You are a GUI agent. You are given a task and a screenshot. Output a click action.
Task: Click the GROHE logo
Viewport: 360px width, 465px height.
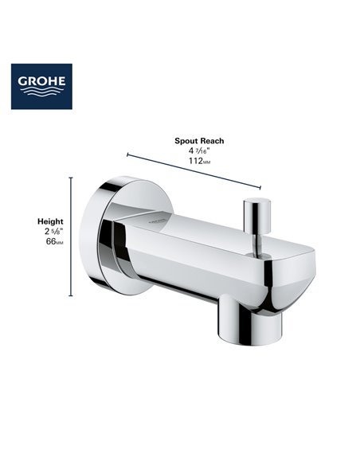(x=41, y=87)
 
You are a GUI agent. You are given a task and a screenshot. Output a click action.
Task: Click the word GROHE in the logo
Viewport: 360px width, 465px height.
(x=41, y=81)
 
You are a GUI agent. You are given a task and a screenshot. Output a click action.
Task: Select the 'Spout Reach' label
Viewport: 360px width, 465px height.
(x=199, y=140)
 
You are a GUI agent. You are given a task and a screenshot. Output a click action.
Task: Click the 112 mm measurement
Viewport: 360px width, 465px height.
(x=198, y=162)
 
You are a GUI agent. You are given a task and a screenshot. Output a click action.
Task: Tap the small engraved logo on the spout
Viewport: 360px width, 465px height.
(x=156, y=215)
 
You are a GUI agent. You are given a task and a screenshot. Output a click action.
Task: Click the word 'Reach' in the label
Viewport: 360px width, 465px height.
(x=212, y=140)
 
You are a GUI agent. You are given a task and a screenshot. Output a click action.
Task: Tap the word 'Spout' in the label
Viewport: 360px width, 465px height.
(x=186, y=140)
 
